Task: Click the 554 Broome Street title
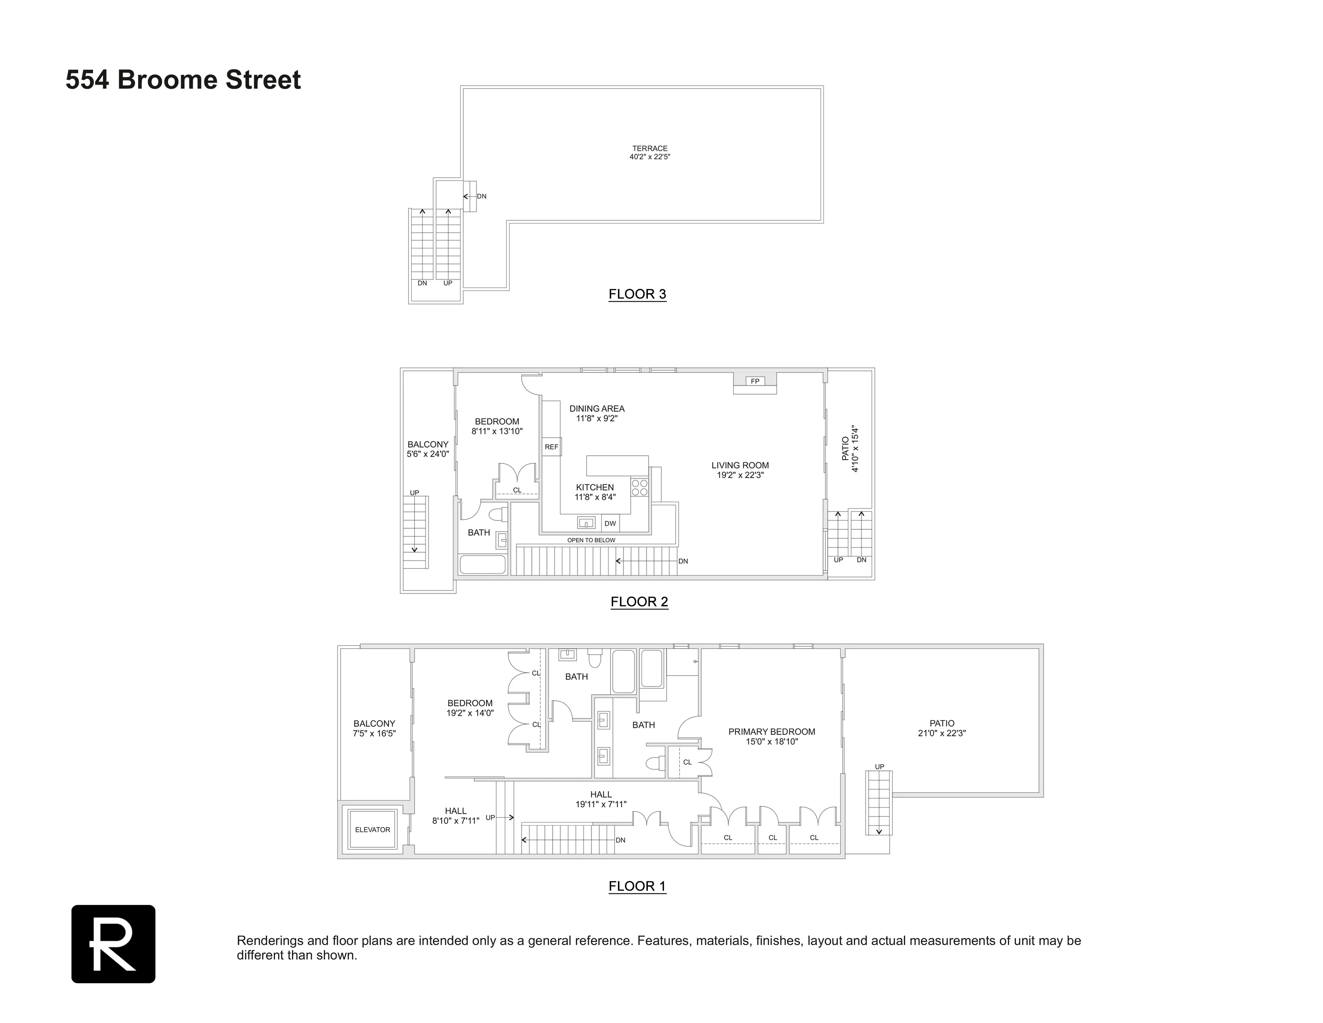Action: pyautogui.click(x=183, y=80)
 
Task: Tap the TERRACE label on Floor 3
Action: pyautogui.click(x=649, y=148)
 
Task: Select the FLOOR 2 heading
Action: pyautogui.click(x=639, y=602)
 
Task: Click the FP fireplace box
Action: pyautogui.click(x=755, y=381)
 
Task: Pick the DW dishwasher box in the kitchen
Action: pyautogui.click(x=610, y=524)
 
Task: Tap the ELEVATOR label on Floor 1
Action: pyautogui.click(x=372, y=830)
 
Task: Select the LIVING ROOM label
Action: pyautogui.click(x=740, y=465)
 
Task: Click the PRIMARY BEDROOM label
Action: pyautogui.click(x=772, y=731)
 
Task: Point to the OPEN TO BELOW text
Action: pyautogui.click(x=591, y=540)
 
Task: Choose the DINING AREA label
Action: pyautogui.click(x=597, y=408)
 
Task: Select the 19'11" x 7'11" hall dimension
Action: pyautogui.click(x=601, y=804)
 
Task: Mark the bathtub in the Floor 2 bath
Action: pyautogui.click(x=483, y=564)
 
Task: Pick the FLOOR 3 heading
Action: pyautogui.click(x=637, y=294)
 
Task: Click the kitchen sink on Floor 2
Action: pyautogui.click(x=586, y=522)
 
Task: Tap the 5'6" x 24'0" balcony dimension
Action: pyautogui.click(x=428, y=454)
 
